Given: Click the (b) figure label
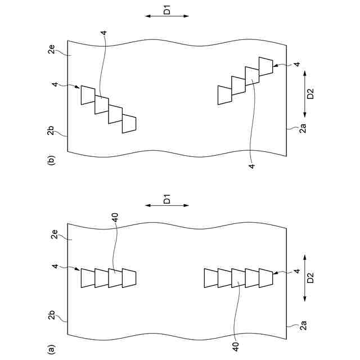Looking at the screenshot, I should [52, 160].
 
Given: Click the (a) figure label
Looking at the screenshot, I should [52, 349].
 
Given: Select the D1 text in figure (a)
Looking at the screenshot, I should [167, 199].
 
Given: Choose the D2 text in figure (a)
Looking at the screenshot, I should [309, 278].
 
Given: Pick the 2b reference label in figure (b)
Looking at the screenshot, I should [52, 131].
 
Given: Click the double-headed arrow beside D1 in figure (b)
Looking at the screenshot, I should [167, 16].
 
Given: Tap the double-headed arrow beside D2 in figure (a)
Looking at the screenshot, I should [304, 278].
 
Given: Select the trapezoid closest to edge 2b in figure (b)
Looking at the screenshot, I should [129, 124].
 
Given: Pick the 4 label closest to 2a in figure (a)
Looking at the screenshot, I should [297, 272].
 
